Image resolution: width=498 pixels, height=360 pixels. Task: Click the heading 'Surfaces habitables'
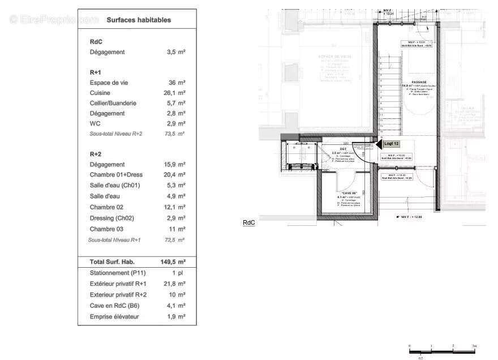[139, 20]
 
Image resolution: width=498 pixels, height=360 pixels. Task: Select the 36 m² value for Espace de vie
[177, 83]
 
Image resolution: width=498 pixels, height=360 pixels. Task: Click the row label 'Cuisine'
[100, 93]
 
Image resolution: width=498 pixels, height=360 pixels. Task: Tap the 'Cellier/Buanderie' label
[113, 103]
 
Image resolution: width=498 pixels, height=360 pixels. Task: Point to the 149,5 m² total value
[173, 262]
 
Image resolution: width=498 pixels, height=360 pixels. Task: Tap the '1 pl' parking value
[178, 273]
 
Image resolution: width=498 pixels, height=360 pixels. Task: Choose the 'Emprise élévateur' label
[114, 317]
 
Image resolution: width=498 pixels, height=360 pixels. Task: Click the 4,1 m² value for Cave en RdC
[175, 306]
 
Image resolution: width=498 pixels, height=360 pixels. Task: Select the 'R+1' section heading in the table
[95, 72]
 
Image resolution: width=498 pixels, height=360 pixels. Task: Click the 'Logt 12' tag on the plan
[392, 144]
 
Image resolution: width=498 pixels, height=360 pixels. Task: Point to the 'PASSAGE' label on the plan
[419, 82]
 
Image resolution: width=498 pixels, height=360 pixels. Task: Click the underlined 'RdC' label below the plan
[249, 223]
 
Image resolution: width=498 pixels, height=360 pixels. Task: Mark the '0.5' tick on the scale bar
[420, 357]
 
